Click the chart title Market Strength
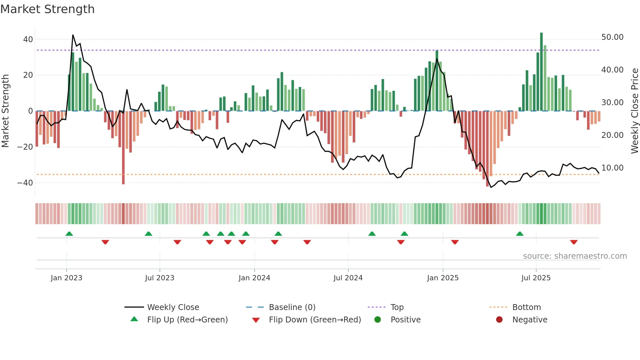[x=47, y=9]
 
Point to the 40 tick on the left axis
[x=28, y=40]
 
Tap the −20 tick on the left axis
[x=25, y=147]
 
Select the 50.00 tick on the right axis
[x=612, y=37]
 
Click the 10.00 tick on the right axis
[x=612, y=168]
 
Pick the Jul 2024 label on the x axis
[x=348, y=278]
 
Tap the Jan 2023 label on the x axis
[x=66, y=278]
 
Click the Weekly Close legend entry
[x=173, y=307]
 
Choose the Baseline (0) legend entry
[x=292, y=307]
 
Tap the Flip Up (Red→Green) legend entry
[x=187, y=320]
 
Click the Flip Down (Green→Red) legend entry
[x=314, y=320]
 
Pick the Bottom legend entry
[x=526, y=307]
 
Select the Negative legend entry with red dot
[x=529, y=320]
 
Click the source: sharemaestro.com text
[x=575, y=256]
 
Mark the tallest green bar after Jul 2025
[x=541, y=72]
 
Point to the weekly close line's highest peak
[x=73, y=35]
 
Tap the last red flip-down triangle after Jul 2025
[x=574, y=242]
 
